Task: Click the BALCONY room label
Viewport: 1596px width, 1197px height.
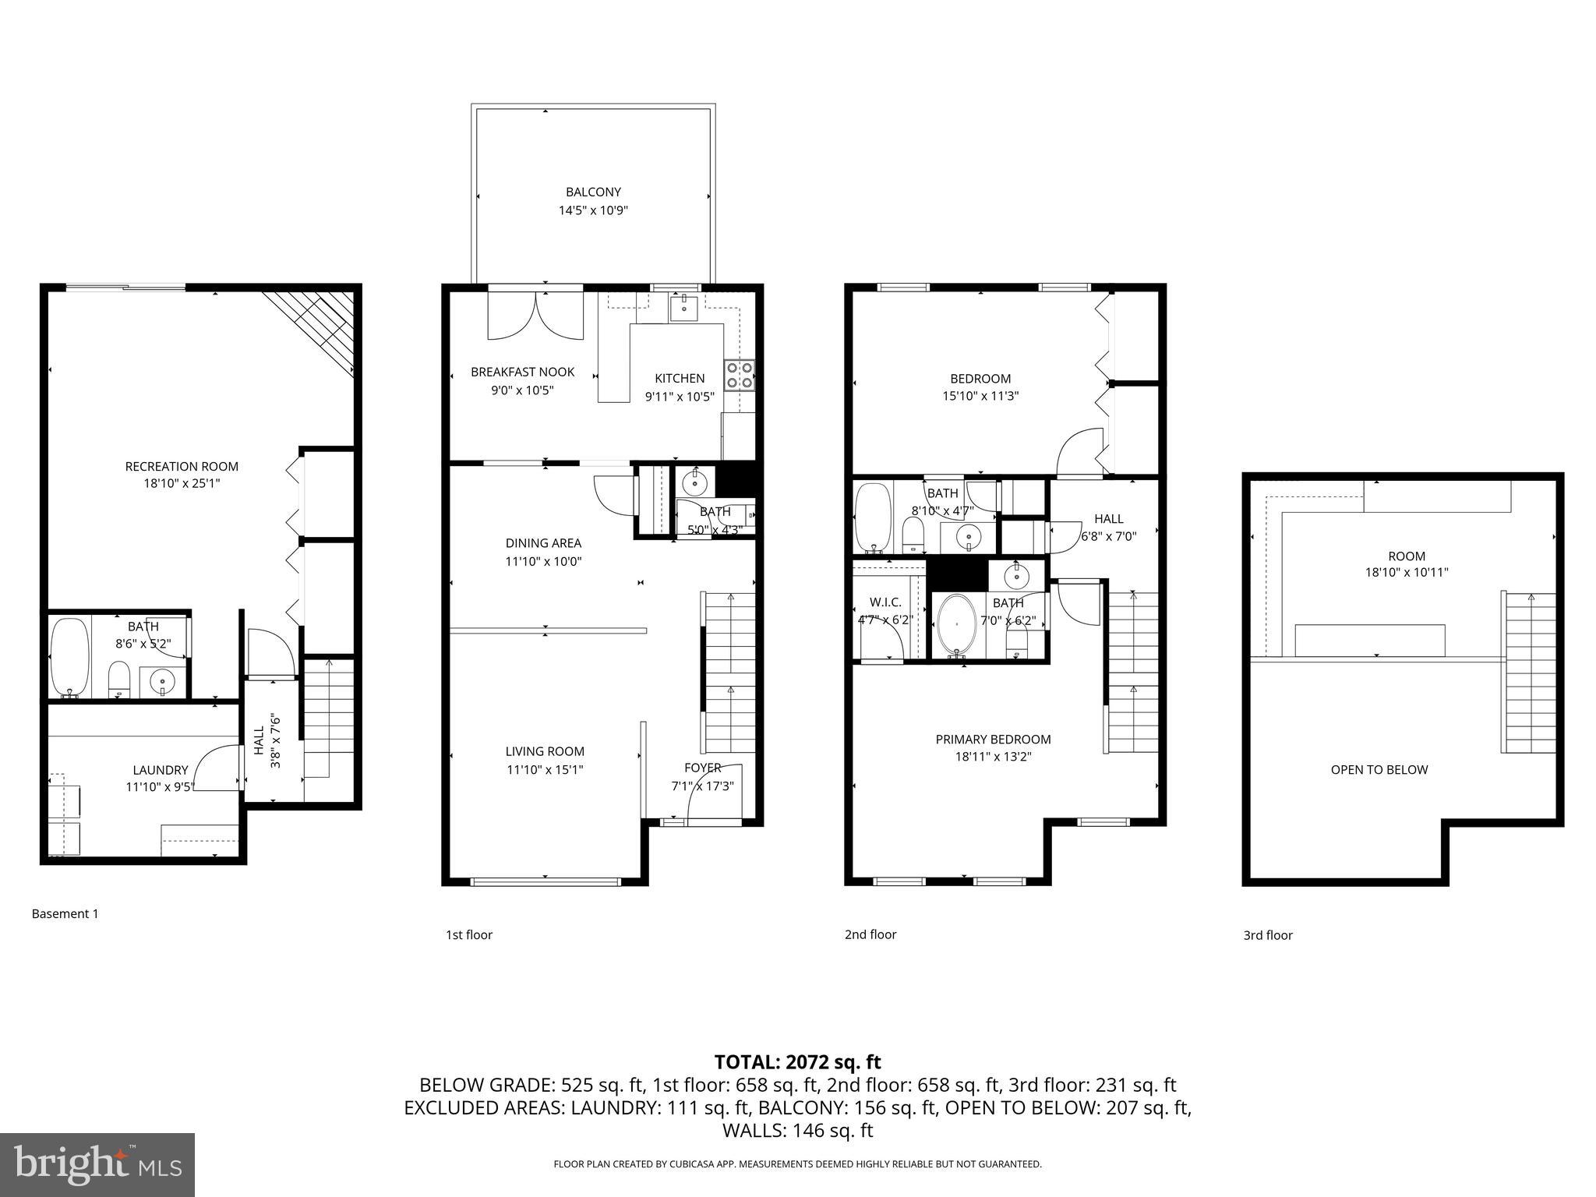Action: coord(593,192)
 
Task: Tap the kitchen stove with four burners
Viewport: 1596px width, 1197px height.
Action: coord(740,375)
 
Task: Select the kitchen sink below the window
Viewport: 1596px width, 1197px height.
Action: coord(684,309)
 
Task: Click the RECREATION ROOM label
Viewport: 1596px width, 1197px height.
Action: coord(182,466)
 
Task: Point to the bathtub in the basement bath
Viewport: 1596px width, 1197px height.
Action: coord(69,657)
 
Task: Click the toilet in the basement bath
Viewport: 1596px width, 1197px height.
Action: coord(118,679)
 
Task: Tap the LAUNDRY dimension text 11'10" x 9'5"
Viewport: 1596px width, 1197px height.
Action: coord(160,787)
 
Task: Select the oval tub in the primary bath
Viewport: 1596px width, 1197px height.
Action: coord(956,625)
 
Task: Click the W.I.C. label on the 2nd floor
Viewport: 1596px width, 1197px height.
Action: coord(885,602)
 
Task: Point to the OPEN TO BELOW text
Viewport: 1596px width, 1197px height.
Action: coord(1379,770)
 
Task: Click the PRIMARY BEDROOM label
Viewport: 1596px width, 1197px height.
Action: coord(993,739)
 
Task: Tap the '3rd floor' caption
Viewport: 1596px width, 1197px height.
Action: coord(1267,935)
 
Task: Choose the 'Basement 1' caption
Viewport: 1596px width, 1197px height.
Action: coord(65,913)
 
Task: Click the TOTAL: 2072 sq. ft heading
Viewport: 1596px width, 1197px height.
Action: coord(797,1061)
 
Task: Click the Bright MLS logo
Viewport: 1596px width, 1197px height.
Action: coord(97,1164)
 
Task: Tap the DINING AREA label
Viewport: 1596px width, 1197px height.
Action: coord(543,543)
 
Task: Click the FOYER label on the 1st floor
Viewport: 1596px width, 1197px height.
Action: coord(702,768)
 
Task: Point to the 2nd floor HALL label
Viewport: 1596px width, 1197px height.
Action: coord(1108,518)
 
